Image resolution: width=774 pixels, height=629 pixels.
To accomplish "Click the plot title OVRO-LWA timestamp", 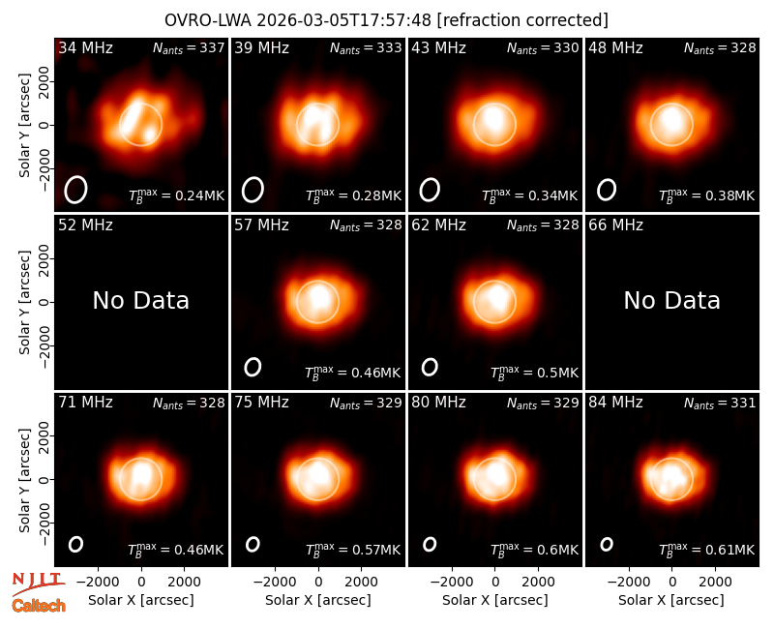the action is point(386,20).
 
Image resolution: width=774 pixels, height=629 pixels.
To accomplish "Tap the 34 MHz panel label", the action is point(85,47).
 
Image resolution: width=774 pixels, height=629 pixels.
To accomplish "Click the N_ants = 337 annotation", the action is point(189,48).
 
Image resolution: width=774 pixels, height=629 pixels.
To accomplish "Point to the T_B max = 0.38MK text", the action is point(707,195).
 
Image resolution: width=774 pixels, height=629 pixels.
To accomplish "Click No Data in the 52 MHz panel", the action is point(141,300).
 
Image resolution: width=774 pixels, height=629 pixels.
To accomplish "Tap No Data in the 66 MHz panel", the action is point(671,300).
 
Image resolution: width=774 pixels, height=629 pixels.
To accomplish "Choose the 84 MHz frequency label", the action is point(615,403).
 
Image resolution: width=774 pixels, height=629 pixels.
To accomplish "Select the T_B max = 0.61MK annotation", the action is point(707,550).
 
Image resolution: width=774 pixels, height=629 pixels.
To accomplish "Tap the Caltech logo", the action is point(39,606).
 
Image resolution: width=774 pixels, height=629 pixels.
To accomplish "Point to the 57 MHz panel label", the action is point(261,225).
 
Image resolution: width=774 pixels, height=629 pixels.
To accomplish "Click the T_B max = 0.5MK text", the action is point(535,373).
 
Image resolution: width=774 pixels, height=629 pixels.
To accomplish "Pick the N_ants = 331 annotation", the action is point(720,404).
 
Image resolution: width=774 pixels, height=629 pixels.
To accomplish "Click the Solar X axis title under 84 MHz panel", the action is point(671,600).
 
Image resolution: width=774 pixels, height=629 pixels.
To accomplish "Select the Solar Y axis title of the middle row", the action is point(25,302).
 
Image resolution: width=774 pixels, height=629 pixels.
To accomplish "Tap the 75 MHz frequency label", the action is point(261,403).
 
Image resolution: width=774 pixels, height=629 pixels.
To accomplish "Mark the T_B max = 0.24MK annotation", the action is point(177,195).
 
